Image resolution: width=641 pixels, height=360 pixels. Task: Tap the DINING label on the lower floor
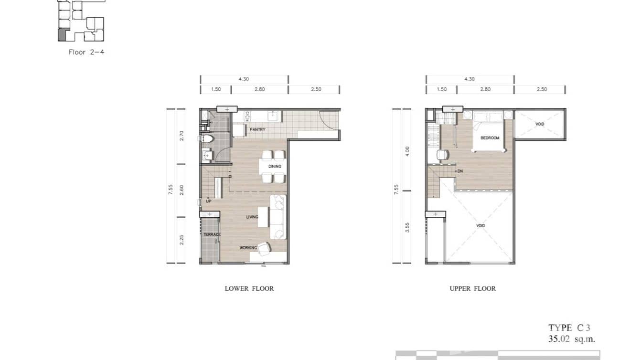(275, 166)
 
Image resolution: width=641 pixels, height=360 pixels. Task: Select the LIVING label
(252, 217)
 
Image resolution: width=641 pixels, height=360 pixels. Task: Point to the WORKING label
(248, 248)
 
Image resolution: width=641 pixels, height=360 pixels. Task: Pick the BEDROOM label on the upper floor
(490, 138)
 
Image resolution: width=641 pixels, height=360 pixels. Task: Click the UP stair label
(209, 201)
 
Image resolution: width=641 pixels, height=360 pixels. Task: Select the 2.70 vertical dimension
(182, 136)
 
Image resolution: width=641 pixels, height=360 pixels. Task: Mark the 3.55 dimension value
(407, 227)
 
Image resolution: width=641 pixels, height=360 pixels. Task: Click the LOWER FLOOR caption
(249, 288)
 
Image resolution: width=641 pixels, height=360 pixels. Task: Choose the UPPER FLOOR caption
(472, 288)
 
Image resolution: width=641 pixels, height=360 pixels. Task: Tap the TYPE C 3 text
(569, 328)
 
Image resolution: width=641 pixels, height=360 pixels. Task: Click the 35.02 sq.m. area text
(571, 339)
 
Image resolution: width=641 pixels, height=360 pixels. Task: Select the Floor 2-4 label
(86, 52)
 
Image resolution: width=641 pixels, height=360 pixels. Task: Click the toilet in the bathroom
(205, 139)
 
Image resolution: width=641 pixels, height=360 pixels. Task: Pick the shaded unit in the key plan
(62, 34)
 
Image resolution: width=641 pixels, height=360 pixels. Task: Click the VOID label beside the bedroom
(540, 124)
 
